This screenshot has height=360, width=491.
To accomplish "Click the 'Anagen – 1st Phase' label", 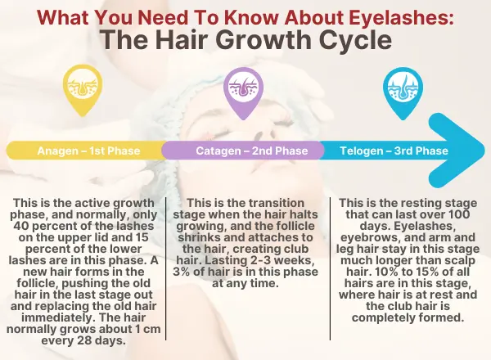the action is [88, 151].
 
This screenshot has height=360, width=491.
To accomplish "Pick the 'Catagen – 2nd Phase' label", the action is [252, 151].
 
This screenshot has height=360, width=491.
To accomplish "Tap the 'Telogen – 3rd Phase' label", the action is [394, 151].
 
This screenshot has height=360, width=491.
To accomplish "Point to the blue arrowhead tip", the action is [484, 151].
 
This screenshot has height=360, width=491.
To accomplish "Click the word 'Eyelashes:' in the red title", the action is [401, 17].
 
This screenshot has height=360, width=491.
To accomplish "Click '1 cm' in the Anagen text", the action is [148, 329].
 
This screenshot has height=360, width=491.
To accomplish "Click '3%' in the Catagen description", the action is [181, 272].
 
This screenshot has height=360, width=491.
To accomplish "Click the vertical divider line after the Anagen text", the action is [165, 268].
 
